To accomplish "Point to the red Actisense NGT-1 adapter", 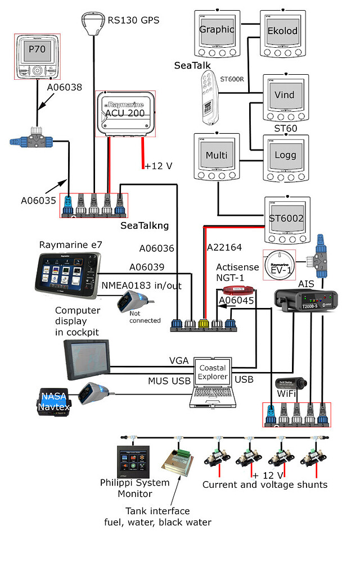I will click(x=237, y=291).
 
